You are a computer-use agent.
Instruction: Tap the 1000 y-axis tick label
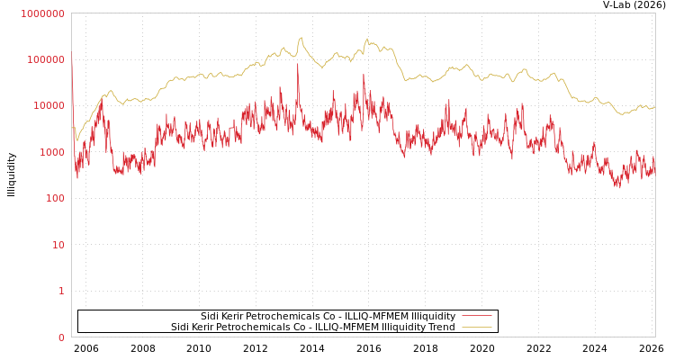[x=50, y=152]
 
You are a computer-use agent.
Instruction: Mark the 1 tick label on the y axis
[x=61, y=291]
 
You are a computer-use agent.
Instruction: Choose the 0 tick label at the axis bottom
[x=61, y=337]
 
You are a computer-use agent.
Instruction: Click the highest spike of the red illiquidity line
[x=298, y=64]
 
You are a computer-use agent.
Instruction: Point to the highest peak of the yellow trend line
[x=301, y=38]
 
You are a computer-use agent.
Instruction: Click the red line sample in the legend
[x=476, y=316]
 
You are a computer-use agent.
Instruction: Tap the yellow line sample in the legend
[x=476, y=327]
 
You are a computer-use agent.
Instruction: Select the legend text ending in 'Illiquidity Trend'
[x=312, y=327]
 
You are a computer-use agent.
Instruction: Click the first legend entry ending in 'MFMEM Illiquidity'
[x=328, y=316]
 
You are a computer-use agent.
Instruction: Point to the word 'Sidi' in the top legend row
[x=210, y=316]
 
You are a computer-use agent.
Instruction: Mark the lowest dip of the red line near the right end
[x=618, y=187]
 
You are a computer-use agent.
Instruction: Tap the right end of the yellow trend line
[x=654, y=107]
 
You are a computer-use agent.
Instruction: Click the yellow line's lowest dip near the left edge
[x=76, y=141]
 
